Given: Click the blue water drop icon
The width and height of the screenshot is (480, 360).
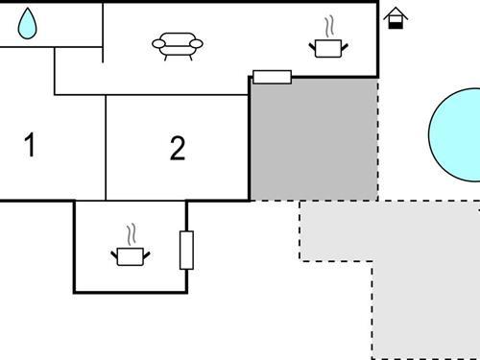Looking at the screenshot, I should point(28,24).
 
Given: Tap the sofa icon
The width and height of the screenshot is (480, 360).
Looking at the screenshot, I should point(179,45).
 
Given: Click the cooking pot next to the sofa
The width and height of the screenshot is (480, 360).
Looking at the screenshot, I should point(326,46).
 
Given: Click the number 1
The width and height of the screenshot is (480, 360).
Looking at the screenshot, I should point(30,147).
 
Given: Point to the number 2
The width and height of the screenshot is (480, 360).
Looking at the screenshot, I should point(177,149).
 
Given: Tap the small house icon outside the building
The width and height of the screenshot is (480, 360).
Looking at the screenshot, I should point(395,18).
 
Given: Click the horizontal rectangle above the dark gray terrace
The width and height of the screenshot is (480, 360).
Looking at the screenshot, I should point(272,77).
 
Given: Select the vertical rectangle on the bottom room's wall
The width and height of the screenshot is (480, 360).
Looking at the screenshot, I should point(186,250).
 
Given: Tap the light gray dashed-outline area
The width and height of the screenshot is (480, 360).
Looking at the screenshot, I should point(403,269).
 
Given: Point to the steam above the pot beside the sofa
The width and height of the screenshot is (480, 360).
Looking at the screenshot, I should point(329,23).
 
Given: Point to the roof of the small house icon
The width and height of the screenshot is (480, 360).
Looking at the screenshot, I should point(395,12).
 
